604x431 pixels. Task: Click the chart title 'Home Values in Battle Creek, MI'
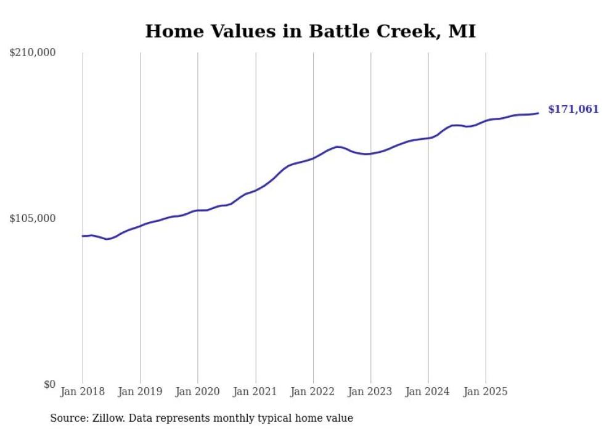pyautogui.click(x=310, y=31)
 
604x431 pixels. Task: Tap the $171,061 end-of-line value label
pyautogui.click(x=573, y=110)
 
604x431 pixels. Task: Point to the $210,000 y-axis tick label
pyautogui.click(x=33, y=53)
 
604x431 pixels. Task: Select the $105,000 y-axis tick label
pyautogui.click(x=33, y=218)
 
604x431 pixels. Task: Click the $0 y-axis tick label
pyautogui.click(x=49, y=384)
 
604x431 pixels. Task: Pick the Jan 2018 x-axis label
pyautogui.click(x=83, y=392)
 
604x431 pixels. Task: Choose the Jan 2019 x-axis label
pyautogui.click(x=140, y=392)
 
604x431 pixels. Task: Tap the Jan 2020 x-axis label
pyautogui.click(x=198, y=392)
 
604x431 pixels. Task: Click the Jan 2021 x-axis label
pyautogui.click(x=255, y=392)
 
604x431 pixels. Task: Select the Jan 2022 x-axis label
pyautogui.click(x=313, y=392)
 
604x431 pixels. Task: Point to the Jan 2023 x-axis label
pyautogui.click(x=370, y=392)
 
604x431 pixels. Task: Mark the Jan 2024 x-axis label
pyautogui.click(x=428, y=392)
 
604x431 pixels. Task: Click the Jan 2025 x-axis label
pyautogui.click(x=486, y=392)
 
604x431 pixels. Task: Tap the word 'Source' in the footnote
pyautogui.click(x=67, y=418)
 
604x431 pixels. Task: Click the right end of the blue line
pyautogui.click(x=538, y=113)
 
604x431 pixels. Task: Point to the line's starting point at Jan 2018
pyautogui.click(x=83, y=236)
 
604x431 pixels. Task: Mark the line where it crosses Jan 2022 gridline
pyautogui.click(x=313, y=158)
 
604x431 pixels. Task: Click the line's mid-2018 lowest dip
pyautogui.click(x=107, y=239)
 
